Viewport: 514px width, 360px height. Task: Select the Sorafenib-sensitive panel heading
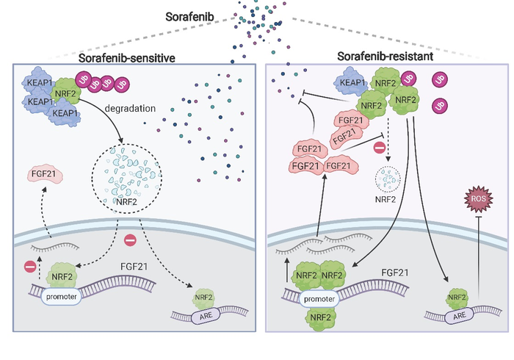point(129,57)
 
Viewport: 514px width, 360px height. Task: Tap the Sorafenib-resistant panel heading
point(383,57)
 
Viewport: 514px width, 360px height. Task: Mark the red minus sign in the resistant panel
point(380,148)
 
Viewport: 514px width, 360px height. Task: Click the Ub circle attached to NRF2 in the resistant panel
point(408,77)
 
